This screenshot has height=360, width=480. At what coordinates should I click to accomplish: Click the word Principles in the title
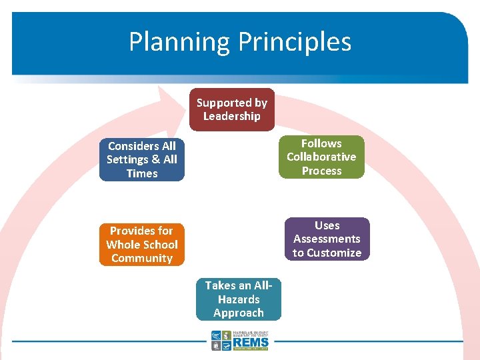(x=295, y=42)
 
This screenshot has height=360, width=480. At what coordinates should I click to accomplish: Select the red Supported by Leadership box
(x=231, y=109)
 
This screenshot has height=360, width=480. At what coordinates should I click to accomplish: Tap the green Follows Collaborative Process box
(x=321, y=157)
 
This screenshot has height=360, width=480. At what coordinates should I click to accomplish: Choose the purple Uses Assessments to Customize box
(x=327, y=239)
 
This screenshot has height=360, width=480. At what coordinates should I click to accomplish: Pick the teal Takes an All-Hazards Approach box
(x=239, y=299)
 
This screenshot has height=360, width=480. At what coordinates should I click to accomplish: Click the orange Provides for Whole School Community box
(x=141, y=245)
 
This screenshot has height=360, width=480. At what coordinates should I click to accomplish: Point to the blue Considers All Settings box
(x=141, y=160)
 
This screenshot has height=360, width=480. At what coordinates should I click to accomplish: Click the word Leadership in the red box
(x=231, y=117)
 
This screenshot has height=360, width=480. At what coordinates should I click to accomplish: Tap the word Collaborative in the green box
(x=321, y=157)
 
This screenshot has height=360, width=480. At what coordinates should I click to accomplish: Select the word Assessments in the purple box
(x=327, y=239)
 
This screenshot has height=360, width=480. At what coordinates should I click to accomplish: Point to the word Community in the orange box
(x=141, y=259)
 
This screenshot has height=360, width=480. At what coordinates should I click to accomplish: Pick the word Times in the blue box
(x=141, y=174)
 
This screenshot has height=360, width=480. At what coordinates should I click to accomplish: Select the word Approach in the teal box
(x=239, y=313)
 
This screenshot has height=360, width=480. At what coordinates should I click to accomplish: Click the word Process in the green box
(x=321, y=171)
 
